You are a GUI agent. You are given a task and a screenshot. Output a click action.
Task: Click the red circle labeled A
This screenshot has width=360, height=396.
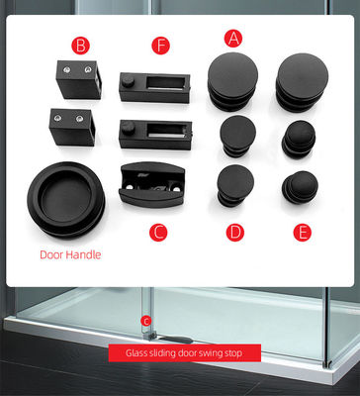tap(233, 39)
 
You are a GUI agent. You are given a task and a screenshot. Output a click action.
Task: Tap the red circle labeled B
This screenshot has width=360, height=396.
tap(80, 46)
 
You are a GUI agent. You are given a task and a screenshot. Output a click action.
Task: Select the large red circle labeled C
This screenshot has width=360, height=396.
tap(158, 233)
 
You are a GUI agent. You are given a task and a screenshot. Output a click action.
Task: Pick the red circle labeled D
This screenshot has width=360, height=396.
tap(235, 233)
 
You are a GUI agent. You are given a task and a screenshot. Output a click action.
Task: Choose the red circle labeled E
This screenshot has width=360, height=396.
tap(303, 233)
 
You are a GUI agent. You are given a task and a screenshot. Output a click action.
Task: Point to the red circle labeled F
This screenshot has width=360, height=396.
tap(161, 46)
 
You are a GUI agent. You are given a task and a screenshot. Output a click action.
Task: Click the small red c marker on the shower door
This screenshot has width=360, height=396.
tap(146, 321)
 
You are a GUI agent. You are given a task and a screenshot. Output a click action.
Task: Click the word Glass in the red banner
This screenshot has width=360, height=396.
tap(134, 352)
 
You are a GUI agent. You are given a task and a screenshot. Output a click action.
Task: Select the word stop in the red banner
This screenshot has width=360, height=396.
tap(234, 353)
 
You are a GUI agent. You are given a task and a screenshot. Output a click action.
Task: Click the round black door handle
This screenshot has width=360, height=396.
tap(66, 199)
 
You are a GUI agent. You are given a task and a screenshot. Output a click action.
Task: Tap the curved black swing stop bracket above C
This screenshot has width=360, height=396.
tap(152, 184)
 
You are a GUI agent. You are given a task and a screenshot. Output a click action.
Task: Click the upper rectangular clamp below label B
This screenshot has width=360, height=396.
tap(79, 79)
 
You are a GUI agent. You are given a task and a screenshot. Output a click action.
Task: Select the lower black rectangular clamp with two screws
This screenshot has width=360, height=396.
tap(72, 128)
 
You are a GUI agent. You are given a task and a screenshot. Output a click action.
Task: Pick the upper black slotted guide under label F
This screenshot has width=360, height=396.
tap(154, 87)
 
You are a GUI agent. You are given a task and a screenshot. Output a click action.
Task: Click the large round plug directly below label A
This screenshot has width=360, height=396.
tap(232, 81)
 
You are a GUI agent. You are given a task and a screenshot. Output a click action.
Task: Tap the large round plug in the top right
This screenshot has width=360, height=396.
tap(302, 82)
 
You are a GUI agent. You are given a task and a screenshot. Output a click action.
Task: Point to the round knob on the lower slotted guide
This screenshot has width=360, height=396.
tap(129, 128)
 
